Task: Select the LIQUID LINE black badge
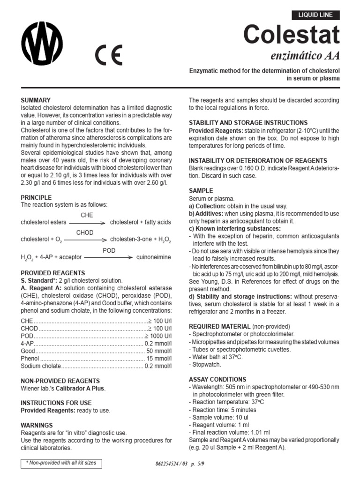(315, 15)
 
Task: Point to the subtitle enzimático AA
(305, 56)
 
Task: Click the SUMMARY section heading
(36, 100)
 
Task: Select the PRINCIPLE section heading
(36, 198)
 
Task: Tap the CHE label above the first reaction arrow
(87, 215)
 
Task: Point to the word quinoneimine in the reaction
(153, 257)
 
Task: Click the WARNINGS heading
(37, 426)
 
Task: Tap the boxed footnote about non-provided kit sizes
(61, 463)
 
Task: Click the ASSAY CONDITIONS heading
(217, 379)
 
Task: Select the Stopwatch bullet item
(206, 365)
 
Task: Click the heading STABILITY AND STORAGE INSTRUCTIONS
(248, 123)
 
